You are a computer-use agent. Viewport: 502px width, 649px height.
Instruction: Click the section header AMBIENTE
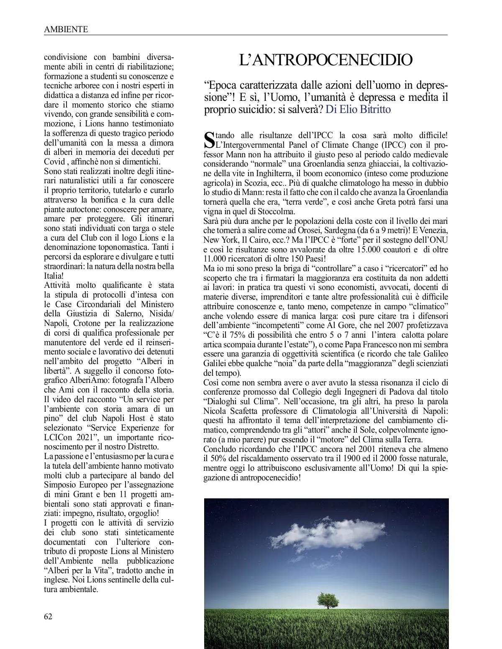66,29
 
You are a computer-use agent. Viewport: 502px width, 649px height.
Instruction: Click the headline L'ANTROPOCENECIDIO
325,60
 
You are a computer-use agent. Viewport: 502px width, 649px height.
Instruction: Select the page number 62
49,616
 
